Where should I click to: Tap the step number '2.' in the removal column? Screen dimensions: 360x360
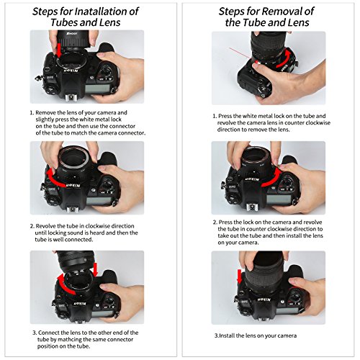214,224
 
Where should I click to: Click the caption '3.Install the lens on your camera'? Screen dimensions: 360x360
256,336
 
